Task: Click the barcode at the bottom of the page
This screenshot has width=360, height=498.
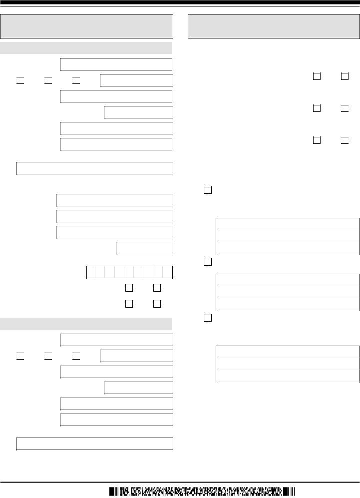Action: coord(202,491)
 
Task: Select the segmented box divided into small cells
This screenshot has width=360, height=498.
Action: coord(129,272)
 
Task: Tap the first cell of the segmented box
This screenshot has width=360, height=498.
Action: coord(91,272)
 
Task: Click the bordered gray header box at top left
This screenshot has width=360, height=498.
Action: coord(86,26)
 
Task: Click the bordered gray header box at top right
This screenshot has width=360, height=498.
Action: coord(274,26)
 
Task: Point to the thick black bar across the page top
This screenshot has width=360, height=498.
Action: coord(180,2)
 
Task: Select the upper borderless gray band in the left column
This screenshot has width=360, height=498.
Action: coord(86,48)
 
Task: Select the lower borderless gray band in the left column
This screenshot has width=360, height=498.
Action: coord(86,323)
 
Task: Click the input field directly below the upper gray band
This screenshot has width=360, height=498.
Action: coord(116,64)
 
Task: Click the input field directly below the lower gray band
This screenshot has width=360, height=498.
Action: coord(116,340)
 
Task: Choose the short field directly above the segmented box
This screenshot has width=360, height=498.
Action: coord(144,248)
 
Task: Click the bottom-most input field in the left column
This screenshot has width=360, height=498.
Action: coord(94,444)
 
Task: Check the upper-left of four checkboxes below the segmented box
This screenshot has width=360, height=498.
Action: coord(129,288)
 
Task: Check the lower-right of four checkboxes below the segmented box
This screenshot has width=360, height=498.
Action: coord(157,304)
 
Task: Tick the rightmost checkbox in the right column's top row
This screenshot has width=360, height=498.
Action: coord(345,76)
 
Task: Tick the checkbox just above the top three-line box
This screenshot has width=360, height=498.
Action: coord(208,190)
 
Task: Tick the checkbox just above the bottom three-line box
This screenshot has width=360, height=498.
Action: coord(208,318)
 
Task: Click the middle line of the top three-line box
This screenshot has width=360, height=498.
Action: coord(288,236)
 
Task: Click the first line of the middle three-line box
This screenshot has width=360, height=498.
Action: coord(288,280)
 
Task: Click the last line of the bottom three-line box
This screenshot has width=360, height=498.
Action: coord(288,376)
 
